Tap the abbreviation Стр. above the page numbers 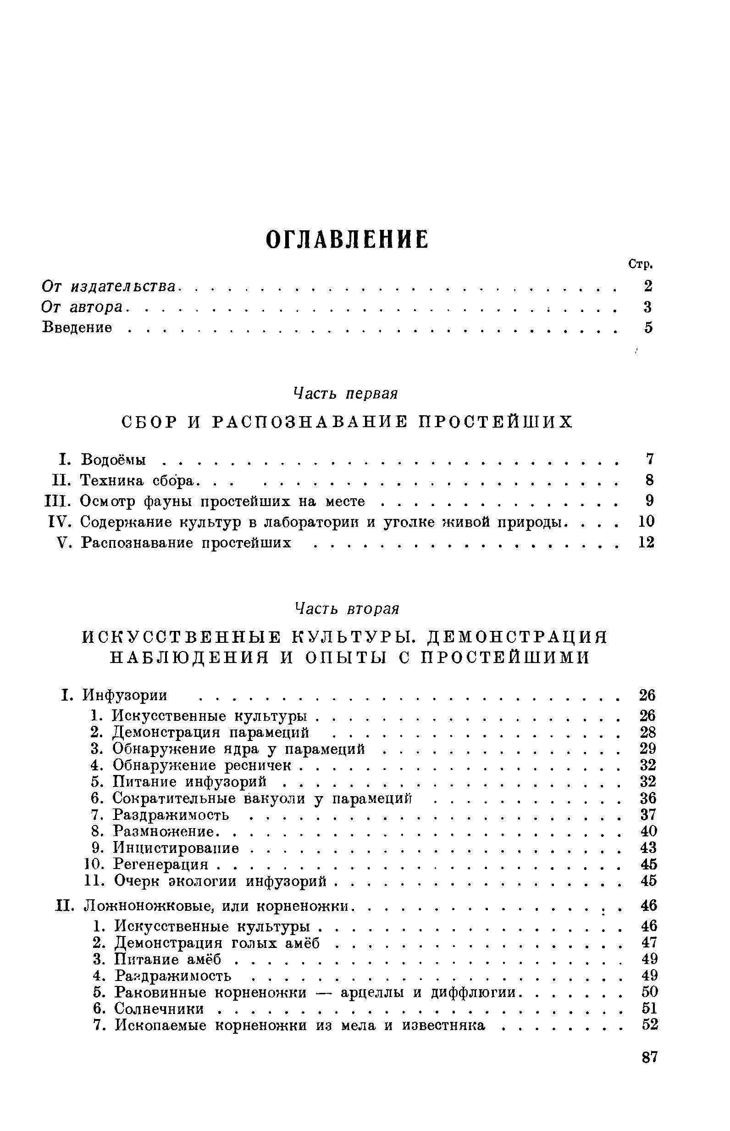[641, 264]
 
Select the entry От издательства [109, 286]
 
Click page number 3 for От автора [647, 307]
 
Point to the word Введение [77, 328]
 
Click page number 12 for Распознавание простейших [646, 542]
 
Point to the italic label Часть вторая [347, 608]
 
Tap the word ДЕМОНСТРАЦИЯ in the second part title [517, 637]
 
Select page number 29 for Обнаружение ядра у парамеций [647, 749]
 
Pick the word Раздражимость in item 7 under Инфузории [171, 815]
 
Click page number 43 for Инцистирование [648, 847]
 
